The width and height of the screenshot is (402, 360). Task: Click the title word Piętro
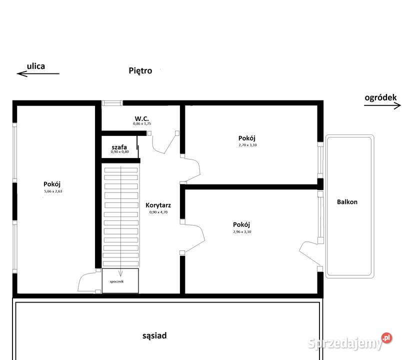[140, 71]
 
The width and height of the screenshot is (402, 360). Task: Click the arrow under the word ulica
[38, 73]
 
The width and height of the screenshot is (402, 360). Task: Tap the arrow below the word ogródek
[382, 105]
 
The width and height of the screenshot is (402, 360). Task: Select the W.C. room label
[142, 118]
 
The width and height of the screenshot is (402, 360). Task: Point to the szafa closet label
[119, 147]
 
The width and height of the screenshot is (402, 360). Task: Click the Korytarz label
[158, 205]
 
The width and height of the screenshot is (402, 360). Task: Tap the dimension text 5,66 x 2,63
[53, 191]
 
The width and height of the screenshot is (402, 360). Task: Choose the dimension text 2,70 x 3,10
[247, 145]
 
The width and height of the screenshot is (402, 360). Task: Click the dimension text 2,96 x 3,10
[242, 232]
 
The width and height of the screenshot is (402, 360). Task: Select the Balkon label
[347, 202]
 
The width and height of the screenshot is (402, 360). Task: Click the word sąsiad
[154, 335]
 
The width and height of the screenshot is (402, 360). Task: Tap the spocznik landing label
[116, 281]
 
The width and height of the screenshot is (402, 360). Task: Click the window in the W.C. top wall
[112, 103]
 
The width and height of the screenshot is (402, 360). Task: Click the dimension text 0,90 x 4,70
[158, 212]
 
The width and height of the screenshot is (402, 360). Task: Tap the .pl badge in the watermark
[386, 338]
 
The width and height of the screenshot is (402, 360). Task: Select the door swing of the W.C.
[164, 144]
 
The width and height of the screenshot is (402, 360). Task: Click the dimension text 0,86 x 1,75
[142, 123]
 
